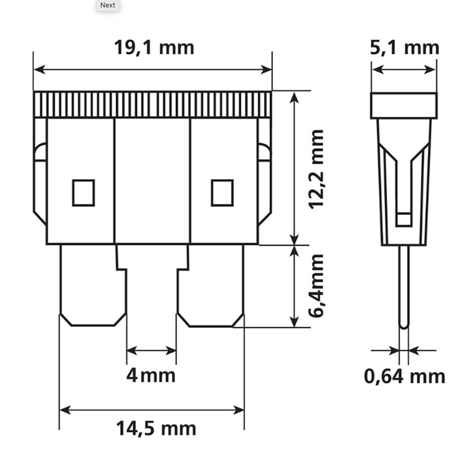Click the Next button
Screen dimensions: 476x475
pyautogui.click(x=108, y=6)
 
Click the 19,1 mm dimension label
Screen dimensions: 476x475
pyautogui.click(x=154, y=48)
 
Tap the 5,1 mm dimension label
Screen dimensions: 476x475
pyautogui.click(x=404, y=48)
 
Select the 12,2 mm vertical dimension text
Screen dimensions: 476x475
pyautogui.click(x=316, y=169)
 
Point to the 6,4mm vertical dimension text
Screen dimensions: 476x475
pyautogui.click(x=316, y=286)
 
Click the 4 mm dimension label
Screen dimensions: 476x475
pyautogui.click(x=151, y=376)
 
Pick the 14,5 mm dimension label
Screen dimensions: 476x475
pyautogui.click(x=156, y=428)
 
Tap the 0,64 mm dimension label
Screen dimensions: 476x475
pyautogui.click(x=404, y=376)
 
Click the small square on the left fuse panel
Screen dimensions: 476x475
pyautogui.click(x=84, y=193)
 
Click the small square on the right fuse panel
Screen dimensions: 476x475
pyautogui.click(x=222, y=193)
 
